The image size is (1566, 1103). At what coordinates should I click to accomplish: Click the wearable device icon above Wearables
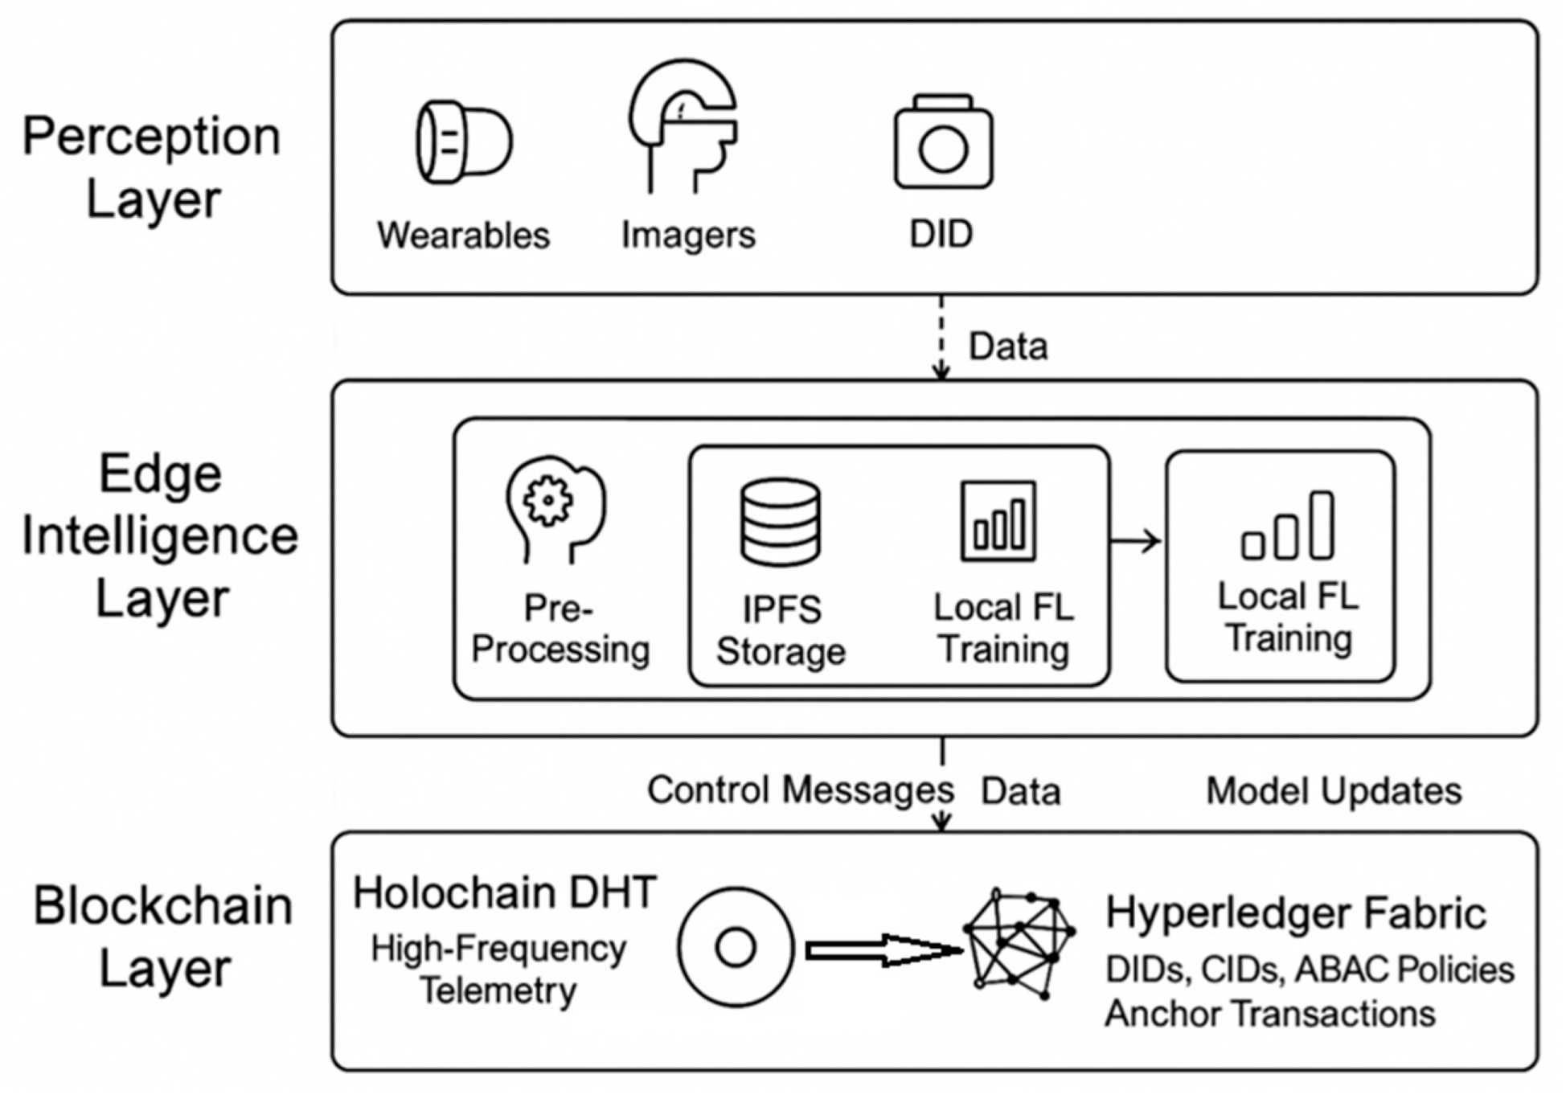tap(464, 141)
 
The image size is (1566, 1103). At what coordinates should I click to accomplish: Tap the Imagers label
tap(688, 235)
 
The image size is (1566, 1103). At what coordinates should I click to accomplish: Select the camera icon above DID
tap(943, 141)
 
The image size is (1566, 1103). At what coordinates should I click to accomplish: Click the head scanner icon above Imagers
tap(683, 125)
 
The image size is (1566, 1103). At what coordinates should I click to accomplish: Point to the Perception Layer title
tap(152, 167)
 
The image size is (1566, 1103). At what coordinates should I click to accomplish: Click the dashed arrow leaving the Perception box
tap(941, 337)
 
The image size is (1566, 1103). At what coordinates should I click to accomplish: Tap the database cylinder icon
tap(780, 522)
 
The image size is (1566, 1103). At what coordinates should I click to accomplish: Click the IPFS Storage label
tap(781, 630)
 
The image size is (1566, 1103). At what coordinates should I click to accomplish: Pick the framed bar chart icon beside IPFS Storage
tap(998, 520)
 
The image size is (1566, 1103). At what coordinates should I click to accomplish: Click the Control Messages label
tap(801, 790)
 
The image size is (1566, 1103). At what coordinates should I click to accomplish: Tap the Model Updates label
tap(1334, 791)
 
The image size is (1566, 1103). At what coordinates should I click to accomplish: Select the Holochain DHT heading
tap(505, 892)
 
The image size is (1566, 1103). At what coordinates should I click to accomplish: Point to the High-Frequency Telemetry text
tap(498, 970)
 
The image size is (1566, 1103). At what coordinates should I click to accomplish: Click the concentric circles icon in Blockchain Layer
tap(736, 947)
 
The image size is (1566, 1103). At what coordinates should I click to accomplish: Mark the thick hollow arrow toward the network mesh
tap(885, 951)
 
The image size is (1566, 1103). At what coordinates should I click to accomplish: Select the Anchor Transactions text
tap(1270, 1013)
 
